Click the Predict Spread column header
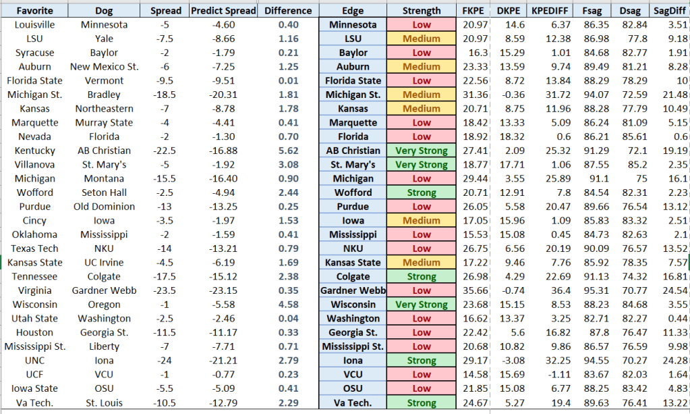click(x=223, y=11)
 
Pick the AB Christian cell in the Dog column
click(x=104, y=151)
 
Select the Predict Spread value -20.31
click(x=223, y=95)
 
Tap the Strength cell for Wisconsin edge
click(x=422, y=305)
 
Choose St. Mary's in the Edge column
click(x=353, y=165)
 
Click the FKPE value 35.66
click(x=472, y=290)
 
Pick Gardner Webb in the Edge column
click(x=353, y=290)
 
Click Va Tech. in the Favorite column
click(x=34, y=403)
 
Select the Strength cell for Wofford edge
click(x=422, y=192)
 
